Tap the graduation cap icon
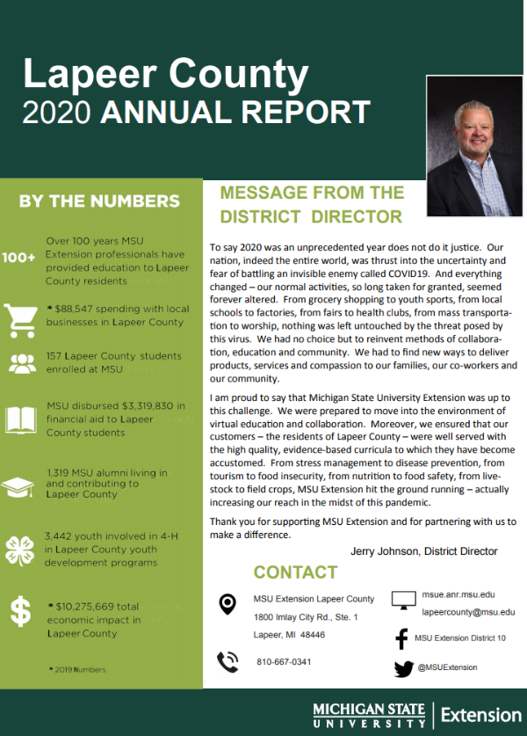point(19,486)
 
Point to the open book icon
point(19,419)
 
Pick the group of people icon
point(19,364)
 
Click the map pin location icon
point(227,604)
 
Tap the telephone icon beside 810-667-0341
point(227,661)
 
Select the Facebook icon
point(402,638)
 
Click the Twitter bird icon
point(403,668)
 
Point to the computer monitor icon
point(403,601)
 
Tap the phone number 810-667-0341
point(284,661)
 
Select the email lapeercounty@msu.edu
point(468,611)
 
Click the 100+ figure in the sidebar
point(18,258)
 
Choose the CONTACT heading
point(295,572)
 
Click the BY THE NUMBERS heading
point(99,201)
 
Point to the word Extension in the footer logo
point(480,714)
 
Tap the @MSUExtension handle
point(448,667)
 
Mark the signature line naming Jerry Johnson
point(423,551)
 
